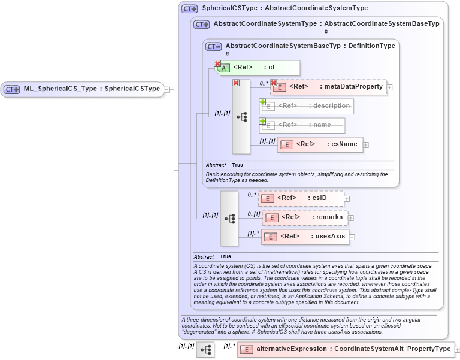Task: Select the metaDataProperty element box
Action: pyautogui.click(x=329, y=87)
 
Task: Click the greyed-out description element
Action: pyautogui.click(x=307, y=106)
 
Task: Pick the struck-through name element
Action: pyautogui.click(x=302, y=125)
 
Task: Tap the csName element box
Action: pyautogui.click(x=320, y=144)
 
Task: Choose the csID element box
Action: pyautogui.click(x=301, y=198)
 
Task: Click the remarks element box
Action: pyautogui.click(x=305, y=217)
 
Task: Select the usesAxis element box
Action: pyautogui.click(x=305, y=236)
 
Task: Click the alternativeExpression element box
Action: pyautogui.click(x=346, y=349)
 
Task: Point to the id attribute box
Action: pyautogui.click(x=258, y=67)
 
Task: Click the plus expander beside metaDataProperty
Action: pyautogui.click(x=390, y=87)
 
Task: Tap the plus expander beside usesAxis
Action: pyautogui.click(x=352, y=237)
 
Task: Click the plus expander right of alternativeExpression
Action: pyautogui.click(x=458, y=349)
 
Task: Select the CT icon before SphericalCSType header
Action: pyautogui.click(x=190, y=9)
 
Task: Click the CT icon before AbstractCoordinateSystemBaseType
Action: pyautogui.click(x=214, y=46)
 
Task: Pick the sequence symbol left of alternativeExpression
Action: pyautogui.click(x=205, y=350)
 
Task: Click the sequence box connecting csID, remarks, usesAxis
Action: pyautogui.click(x=229, y=219)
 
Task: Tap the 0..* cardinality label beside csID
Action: pyautogui.click(x=252, y=195)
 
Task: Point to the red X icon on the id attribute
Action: pyautogui.click(x=217, y=63)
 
